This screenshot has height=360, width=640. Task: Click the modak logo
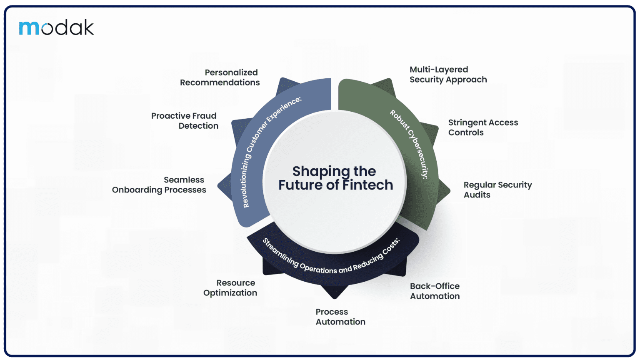point(56,27)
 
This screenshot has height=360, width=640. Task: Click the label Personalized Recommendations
point(220,77)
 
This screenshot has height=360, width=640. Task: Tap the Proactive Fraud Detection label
point(185,121)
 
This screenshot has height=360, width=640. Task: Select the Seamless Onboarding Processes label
point(159,185)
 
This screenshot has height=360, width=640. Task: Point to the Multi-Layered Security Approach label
point(448,75)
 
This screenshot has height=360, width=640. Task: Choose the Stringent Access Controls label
point(483,127)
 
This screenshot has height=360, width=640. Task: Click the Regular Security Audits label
point(497,190)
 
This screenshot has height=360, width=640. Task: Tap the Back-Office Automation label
point(435,291)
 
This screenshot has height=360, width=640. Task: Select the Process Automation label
point(340,317)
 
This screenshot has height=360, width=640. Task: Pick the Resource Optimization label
point(230,288)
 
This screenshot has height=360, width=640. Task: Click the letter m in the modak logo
point(29,28)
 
